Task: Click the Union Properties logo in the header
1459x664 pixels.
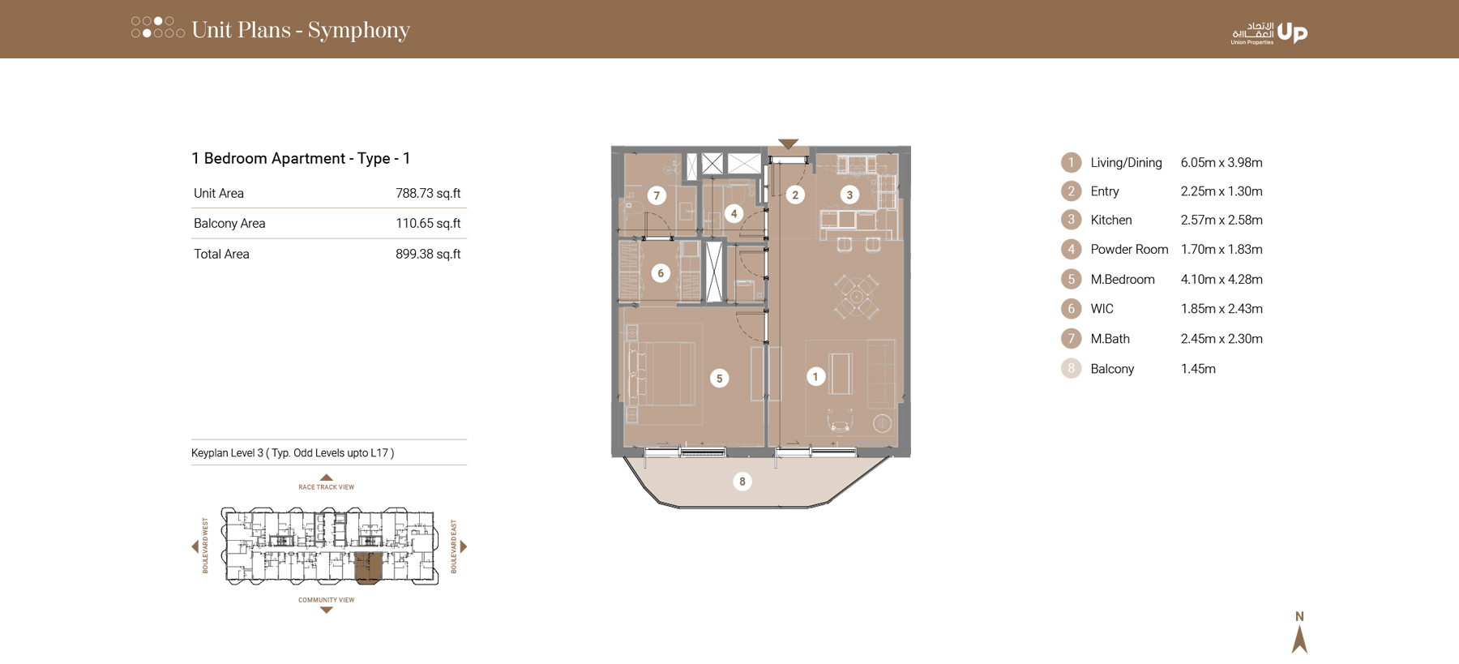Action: click(1269, 32)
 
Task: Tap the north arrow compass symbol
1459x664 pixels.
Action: click(1299, 633)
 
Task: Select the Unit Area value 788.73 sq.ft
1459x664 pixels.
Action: click(427, 193)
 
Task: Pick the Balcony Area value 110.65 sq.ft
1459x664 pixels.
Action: click(427, 223)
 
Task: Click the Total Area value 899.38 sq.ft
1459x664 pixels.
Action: click(427, 254)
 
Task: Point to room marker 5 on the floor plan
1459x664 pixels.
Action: click(719, 378)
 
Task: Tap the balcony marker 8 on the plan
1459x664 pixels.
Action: click(742, 482)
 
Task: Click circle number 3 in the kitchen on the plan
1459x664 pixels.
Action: click(849, 195)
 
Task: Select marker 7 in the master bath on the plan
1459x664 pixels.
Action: click(657, 195)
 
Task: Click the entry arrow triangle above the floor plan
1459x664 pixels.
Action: click(788, 144)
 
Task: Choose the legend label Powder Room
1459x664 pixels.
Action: click(1129, 250)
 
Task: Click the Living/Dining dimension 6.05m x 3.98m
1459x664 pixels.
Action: click(1221, 163)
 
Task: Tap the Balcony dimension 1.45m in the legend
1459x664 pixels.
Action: click(1198, 369)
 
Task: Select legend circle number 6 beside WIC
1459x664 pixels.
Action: click(1071, 309)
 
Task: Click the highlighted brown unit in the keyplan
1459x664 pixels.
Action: click(368, 568)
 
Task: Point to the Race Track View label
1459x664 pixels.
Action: click(326, 487)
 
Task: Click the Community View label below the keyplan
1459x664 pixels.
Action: click(326, 600)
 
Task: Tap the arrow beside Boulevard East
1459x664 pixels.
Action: click(464, 546)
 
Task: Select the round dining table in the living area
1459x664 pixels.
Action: click(856, 296)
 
